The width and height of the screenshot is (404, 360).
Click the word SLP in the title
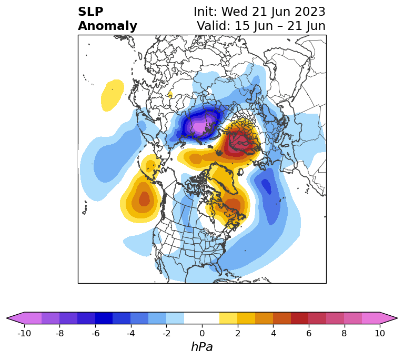(x=90, y=12)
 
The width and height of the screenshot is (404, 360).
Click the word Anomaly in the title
(x=107, y=26)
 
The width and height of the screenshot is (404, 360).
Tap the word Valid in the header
(x=213, y=26)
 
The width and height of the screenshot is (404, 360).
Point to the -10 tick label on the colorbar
(x=24, y=333)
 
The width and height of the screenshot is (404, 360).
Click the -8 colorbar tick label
(x=59, y=333)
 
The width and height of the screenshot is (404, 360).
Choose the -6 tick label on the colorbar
(x=95, y=333)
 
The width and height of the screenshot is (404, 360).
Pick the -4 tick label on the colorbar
(x=130, y=333)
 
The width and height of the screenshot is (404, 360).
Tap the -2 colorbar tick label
(x=166, y=333)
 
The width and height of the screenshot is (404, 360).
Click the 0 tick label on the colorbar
(x=202, y=333)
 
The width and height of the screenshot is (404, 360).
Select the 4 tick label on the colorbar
(x=273, y=333)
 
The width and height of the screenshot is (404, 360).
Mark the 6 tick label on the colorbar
(x=308, y=333)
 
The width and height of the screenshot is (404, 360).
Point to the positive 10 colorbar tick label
(x=379, y=333)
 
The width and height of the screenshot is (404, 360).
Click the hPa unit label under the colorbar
(x=202, y=347)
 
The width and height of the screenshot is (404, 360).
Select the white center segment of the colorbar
(x=202, y=318)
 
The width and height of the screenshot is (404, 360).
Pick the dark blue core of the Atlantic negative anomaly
(x=267, y=186)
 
